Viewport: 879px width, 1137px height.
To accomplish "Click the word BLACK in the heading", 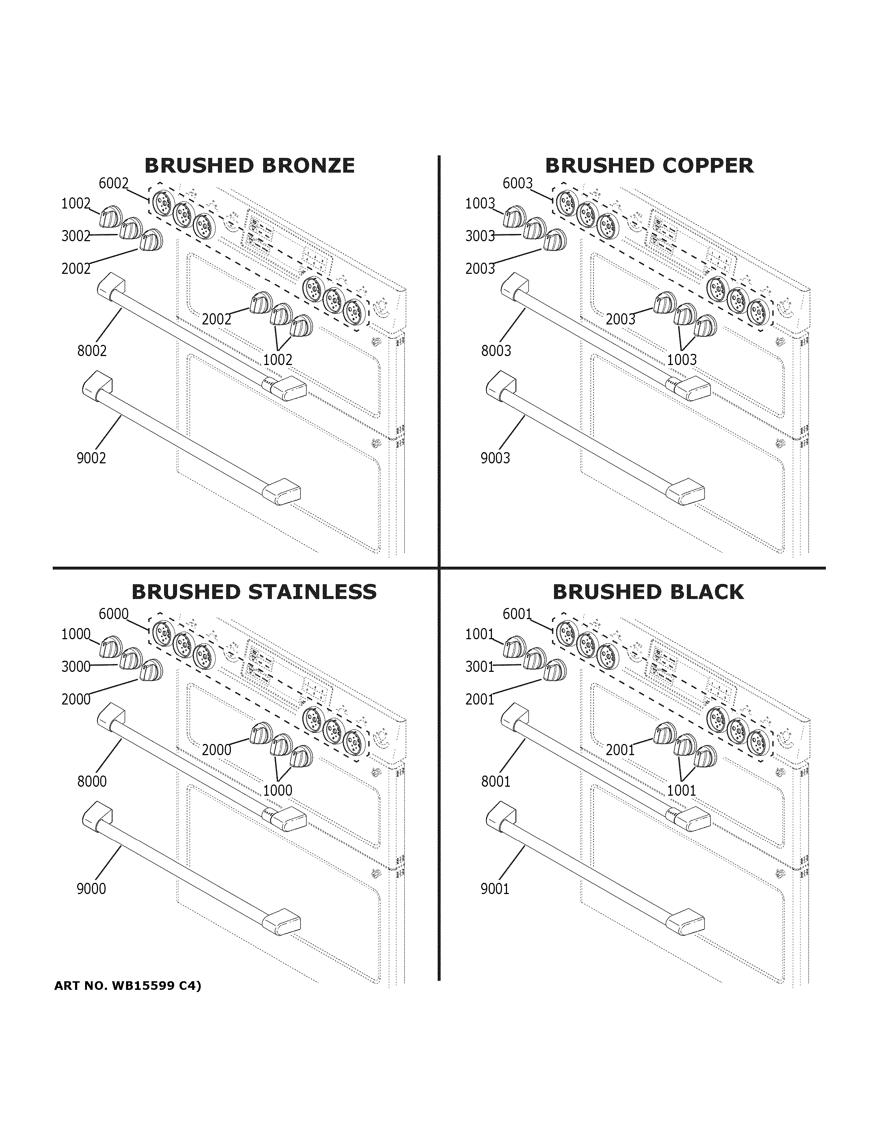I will coord(703,592).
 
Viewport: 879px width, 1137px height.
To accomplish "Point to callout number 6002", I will coord(113,183).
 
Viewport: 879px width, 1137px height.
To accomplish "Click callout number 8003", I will coord(496,351).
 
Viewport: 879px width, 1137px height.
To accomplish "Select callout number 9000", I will coord(91,889).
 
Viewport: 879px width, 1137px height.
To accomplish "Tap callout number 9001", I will coord(495,889).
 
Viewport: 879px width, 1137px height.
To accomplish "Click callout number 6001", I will coord(517,614).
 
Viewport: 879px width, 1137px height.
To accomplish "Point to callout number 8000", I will coord(92,781).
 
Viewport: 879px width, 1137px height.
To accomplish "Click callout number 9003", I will coord(495,458).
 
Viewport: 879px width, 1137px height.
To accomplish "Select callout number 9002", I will coord(91,458).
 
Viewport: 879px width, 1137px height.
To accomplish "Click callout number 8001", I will coord(496,781).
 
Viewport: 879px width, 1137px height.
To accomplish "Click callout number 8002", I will coord(92,351).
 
